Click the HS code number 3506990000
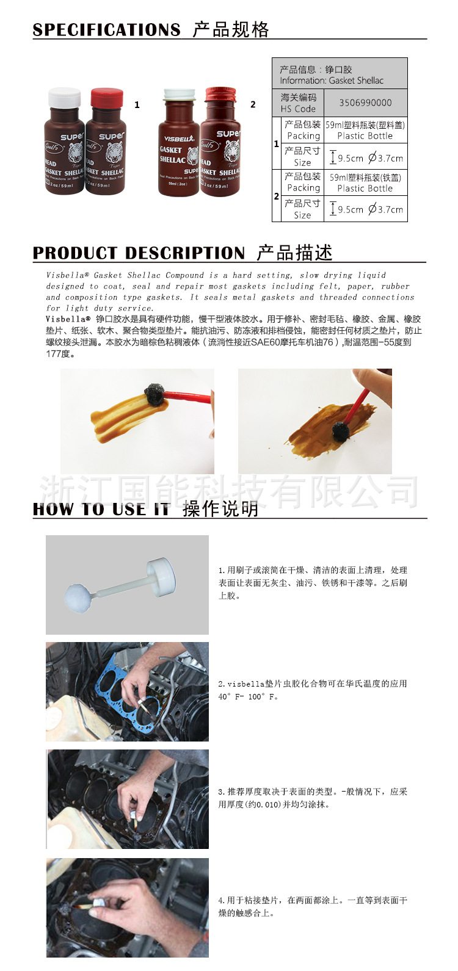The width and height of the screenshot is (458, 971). point(365,103)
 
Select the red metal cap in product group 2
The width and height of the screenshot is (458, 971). point(220,94)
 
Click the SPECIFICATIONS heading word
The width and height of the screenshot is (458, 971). point(106,30)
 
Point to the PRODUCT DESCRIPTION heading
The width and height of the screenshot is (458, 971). point(139,253)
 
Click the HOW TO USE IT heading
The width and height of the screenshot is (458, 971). point(101,510)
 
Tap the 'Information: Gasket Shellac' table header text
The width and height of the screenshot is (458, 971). point(332,81)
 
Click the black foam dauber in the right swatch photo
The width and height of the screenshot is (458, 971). point(340,431)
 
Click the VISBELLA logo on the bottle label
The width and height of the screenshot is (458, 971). point(178,139)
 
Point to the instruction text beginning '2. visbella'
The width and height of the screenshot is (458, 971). point(312,684)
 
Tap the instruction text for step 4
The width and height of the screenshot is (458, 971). point(312,906)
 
